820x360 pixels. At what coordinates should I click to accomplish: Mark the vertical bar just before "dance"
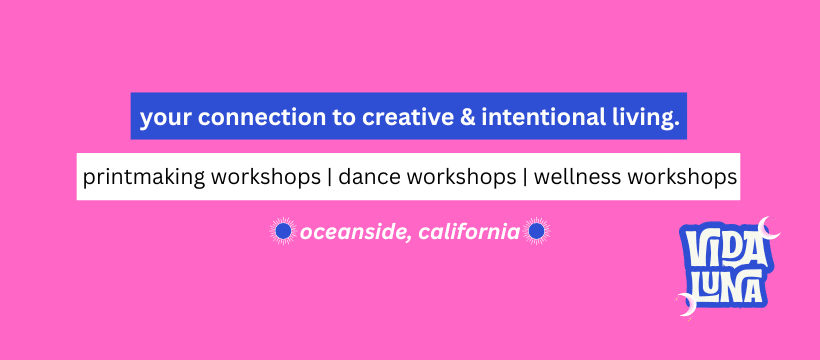pyautogui.click(x=329, y=178)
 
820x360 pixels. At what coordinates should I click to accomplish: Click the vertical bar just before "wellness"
pyautogui.click(x=525, y=178)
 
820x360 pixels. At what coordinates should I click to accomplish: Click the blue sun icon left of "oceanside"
pyautogui.click(x=283, y=231)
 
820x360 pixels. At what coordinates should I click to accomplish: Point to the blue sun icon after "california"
pyautogui.click(x=537, y=231)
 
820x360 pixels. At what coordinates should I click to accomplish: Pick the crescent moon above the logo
pyautogui.click(x=768, y=230)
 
